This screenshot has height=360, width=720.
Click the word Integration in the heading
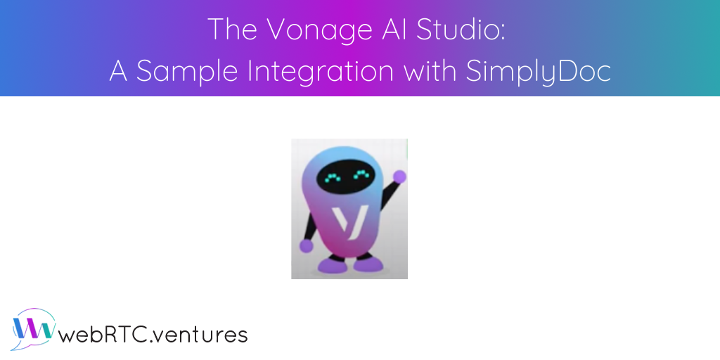pyautogui.click(x=321, y=73)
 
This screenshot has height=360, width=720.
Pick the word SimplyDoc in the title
pyautogui.click(x=539, y=73)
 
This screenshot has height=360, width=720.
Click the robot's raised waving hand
pyautogui.click(x=399, y=176)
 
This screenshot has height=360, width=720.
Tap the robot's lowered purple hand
pyautogui.click(x=307, y=246)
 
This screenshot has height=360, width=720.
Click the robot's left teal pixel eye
pyautogui.click(x=333, y=176)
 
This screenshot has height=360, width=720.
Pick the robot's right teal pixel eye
pyautogui.click(x=362, y=175)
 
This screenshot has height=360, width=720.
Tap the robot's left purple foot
pyautogui.click(x=333, y=265)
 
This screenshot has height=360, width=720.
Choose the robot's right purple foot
pyautogui.click(x=368, y=264)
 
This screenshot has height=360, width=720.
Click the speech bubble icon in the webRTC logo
pyautogui.click(x=32, y=328)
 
